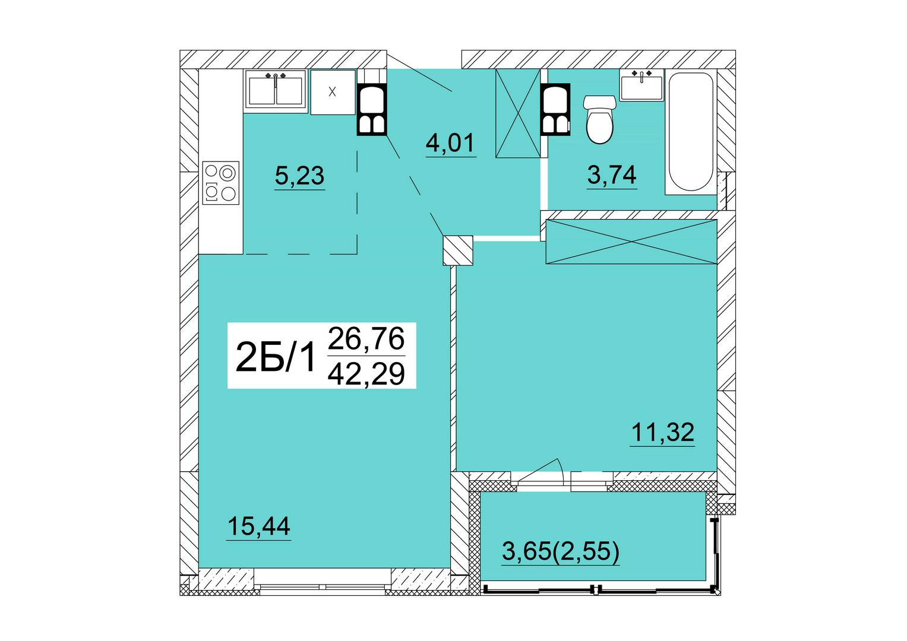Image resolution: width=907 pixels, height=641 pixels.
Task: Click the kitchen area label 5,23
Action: tap(299, 176)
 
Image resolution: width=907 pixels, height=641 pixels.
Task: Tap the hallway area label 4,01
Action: tap(450, 143)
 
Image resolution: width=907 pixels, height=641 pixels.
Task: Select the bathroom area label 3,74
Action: tap(612, 175)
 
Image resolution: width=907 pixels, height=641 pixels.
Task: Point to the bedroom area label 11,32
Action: tap(662, 432)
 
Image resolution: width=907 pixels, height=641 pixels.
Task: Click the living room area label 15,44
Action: tap(259, 526)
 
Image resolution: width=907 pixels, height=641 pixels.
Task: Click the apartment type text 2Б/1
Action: tap(276, 357)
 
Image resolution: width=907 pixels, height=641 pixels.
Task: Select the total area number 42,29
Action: tap(366, 375)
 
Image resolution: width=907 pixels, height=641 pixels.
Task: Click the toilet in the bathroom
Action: tap(600, 119)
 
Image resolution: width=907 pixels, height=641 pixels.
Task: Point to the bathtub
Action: tap(691, 132)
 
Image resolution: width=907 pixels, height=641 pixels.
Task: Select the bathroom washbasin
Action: tap(641, 85)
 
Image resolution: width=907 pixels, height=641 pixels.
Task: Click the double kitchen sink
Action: tap(276, 89)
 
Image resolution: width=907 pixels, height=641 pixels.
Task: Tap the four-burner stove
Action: tap(221, 183)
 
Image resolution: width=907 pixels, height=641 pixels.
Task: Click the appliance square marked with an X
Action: tap(333, 92)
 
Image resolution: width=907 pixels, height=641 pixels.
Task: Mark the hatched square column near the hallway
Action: tap(458, 250)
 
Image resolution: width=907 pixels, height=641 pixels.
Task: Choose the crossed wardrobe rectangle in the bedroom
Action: tap(631, 242)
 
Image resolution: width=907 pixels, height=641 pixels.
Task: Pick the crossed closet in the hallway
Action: tap(519, 113)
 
